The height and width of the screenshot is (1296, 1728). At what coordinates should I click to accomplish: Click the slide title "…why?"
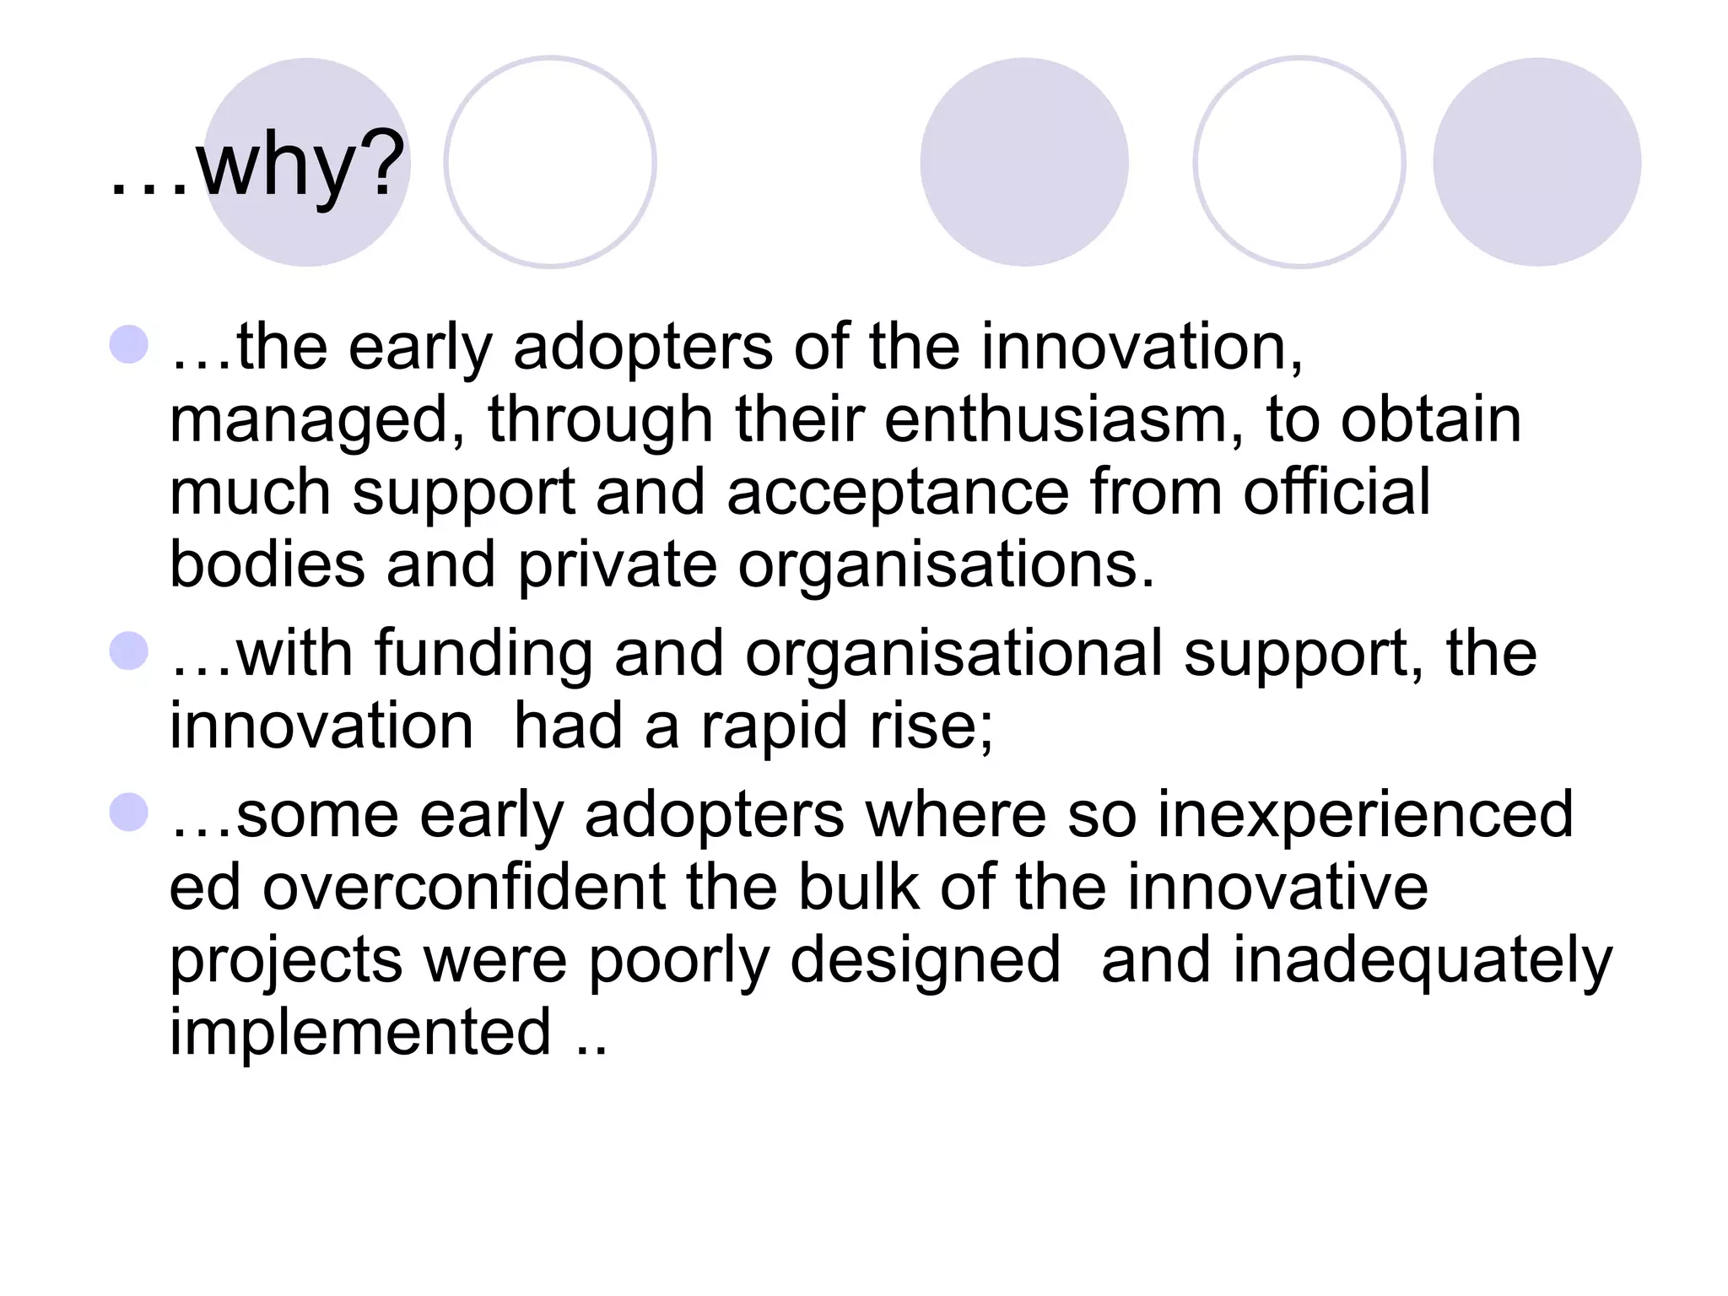[x=257, y=165]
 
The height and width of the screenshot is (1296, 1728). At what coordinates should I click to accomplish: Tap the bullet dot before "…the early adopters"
[x=129, y=344]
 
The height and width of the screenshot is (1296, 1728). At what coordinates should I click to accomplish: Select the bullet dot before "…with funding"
[x=129, y=651]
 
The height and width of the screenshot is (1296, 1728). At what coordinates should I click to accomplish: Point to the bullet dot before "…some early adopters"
[x=129, y=812]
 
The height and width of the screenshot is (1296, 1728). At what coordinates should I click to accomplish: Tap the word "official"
[x=1336, y=491]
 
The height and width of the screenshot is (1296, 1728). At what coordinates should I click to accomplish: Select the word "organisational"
[x=954, y=655]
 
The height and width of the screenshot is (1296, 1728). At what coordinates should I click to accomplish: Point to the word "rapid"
[x=774, y=727]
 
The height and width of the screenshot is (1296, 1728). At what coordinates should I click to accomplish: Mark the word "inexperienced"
[x=1365, y=815]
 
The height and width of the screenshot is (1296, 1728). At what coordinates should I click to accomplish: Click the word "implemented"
[x=360, y=1033]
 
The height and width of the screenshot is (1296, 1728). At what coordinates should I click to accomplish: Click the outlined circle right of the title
[x=550, y=162]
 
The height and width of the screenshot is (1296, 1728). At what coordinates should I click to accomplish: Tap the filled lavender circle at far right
[x=1536, y=162]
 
